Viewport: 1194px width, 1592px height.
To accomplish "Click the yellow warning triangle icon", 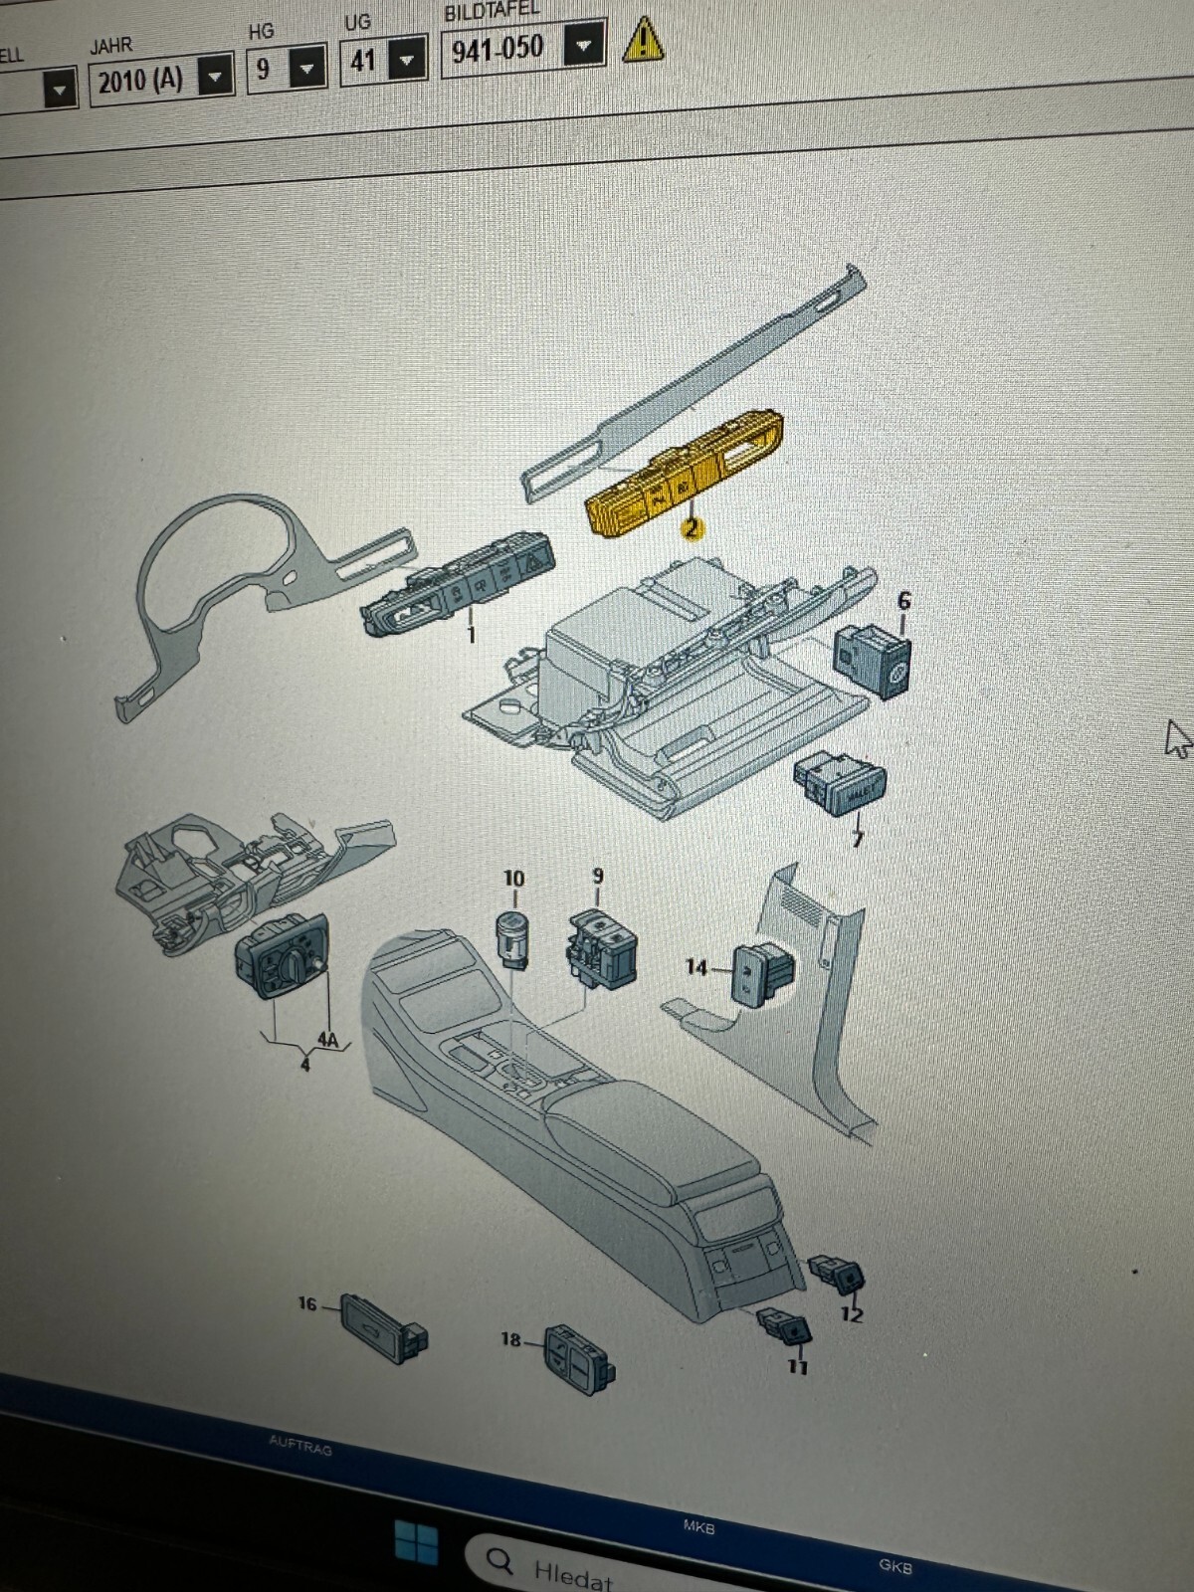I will tap(644, 40).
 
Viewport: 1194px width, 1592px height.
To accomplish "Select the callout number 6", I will tap(903, 600).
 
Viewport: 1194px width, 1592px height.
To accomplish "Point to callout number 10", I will tap(513, 878).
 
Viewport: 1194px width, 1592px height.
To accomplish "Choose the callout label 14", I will tap(696, 966).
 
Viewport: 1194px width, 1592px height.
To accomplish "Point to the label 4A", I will tap(327, 1040).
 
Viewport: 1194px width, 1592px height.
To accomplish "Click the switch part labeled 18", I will tap(578, 1355).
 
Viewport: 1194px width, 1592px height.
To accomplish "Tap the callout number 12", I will tap(852, 1314).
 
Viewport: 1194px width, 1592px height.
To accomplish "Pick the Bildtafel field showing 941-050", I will tap(497, 48).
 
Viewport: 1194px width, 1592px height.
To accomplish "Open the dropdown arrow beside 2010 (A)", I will tap(216, 76).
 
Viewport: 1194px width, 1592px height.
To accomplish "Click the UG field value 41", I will tap(362, 61).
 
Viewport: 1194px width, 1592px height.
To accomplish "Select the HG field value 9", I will tap(264, 68).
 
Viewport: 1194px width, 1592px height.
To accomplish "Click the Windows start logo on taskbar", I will tap(416, 1543).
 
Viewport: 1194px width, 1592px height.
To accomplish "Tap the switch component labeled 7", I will tap(841, 785).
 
